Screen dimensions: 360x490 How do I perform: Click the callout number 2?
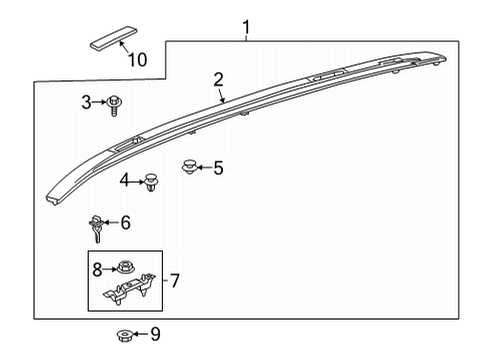coord(218,80)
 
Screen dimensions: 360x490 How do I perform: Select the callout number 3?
coord(87,101)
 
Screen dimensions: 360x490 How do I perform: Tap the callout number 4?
coord(125,181)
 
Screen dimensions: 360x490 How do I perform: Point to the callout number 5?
coord(218,168)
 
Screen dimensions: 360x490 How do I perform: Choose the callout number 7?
coord(174,281)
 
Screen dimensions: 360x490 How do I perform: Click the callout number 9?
coord(154,333)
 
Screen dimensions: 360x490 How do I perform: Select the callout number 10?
coord(136,60)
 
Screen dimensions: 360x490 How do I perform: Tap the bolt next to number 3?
coord(117,101)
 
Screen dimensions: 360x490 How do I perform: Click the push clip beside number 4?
coord(152,181)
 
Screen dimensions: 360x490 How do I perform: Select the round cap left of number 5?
coord(188,166)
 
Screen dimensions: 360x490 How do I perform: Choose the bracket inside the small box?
coord(130,290)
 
